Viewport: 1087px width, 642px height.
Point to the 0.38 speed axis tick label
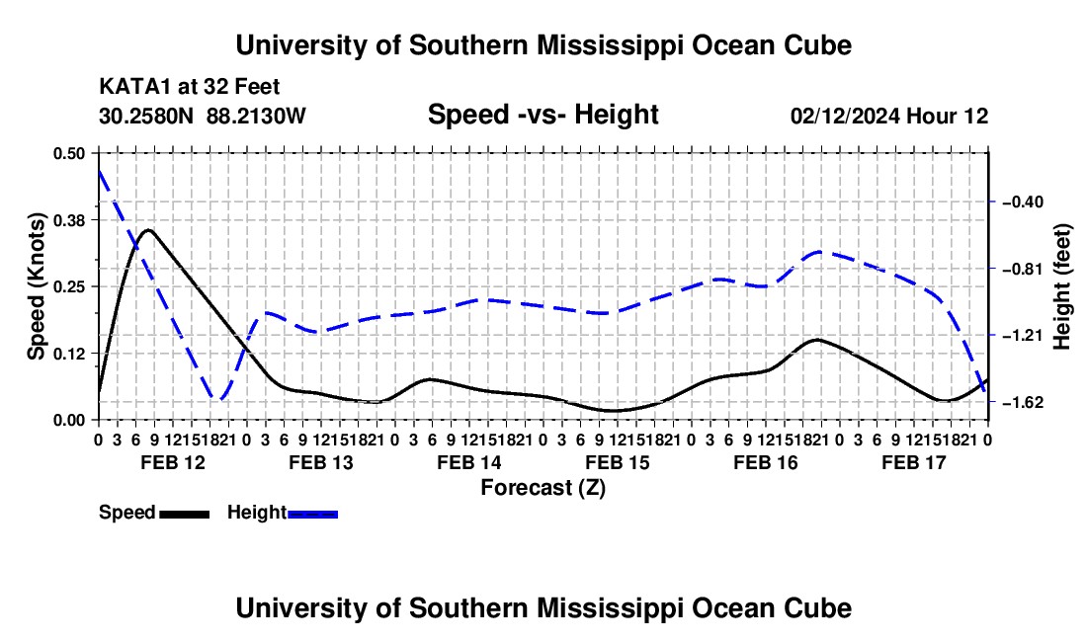(68, 220)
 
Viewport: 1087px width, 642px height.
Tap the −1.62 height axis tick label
(1023, 402)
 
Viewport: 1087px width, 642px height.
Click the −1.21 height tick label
(1023, 336)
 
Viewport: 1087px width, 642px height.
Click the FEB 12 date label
(173, 462)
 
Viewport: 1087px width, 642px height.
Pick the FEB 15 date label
(617, 462)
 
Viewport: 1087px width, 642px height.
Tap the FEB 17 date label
(914, 462)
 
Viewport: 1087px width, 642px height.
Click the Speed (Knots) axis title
(36, 286)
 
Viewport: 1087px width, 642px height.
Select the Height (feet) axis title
(1061, 286)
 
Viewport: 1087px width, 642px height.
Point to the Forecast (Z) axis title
(543, 488)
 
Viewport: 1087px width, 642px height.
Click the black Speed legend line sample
(185, 514)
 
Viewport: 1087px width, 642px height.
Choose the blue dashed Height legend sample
(312, 514)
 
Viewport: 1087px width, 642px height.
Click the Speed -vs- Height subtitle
(543, 115)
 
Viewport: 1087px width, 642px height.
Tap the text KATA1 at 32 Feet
(190, 87)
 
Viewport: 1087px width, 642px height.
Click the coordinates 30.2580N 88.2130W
(203, 116)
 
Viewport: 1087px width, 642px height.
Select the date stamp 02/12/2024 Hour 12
(889, 116)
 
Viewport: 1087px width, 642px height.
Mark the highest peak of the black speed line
(148, 229)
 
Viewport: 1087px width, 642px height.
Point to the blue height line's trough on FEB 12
(219, 400)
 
